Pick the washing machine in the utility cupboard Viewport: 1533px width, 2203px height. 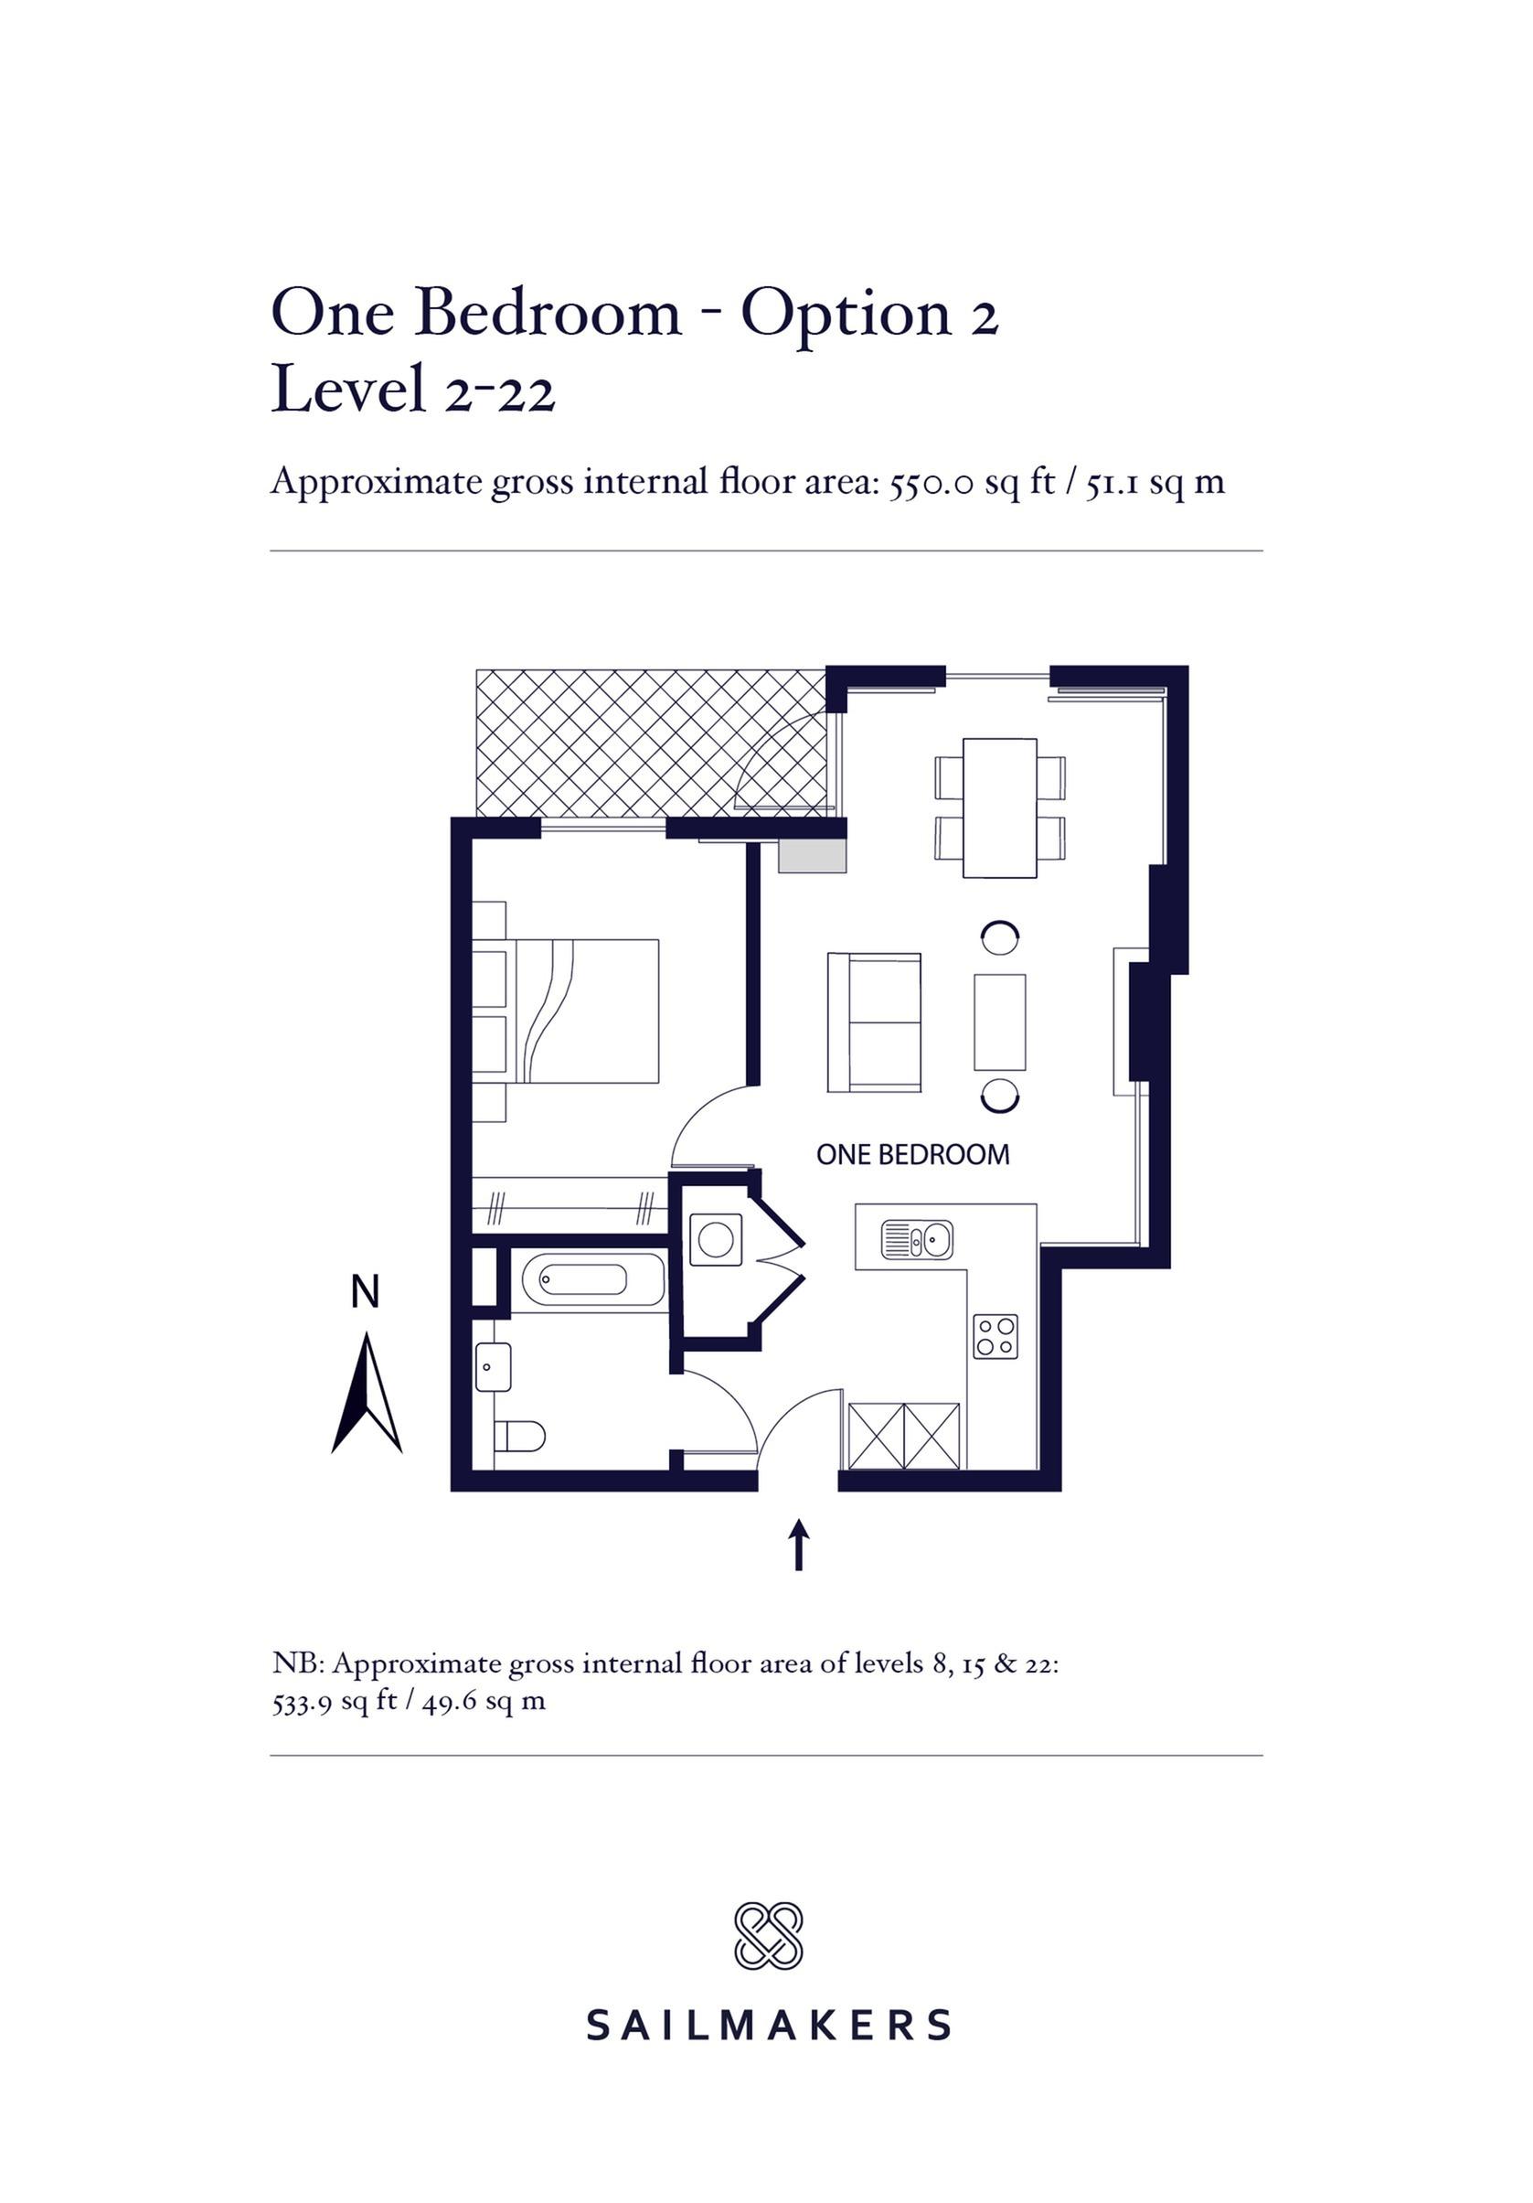716,1240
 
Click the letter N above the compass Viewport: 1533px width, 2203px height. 366,1291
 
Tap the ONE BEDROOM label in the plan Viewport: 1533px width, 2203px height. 912,1154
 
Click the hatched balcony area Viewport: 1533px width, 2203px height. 651,743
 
